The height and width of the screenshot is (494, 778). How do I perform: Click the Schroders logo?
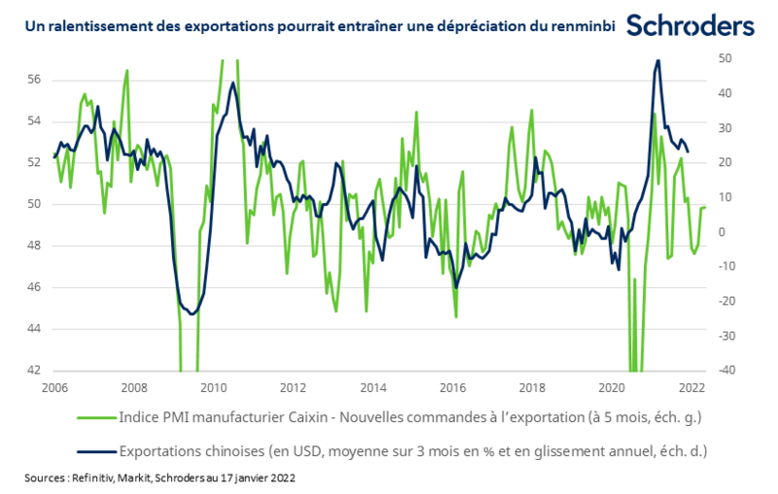690,25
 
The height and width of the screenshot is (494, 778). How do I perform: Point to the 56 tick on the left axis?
31,79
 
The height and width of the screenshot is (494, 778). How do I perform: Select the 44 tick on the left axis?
31,329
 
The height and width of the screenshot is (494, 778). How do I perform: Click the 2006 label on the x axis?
54,387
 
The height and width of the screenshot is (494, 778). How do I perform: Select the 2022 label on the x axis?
692,387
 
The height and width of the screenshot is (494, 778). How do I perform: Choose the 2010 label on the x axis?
214,387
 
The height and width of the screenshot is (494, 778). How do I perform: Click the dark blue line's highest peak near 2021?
658,60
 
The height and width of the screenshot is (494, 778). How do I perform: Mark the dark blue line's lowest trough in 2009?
192,313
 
